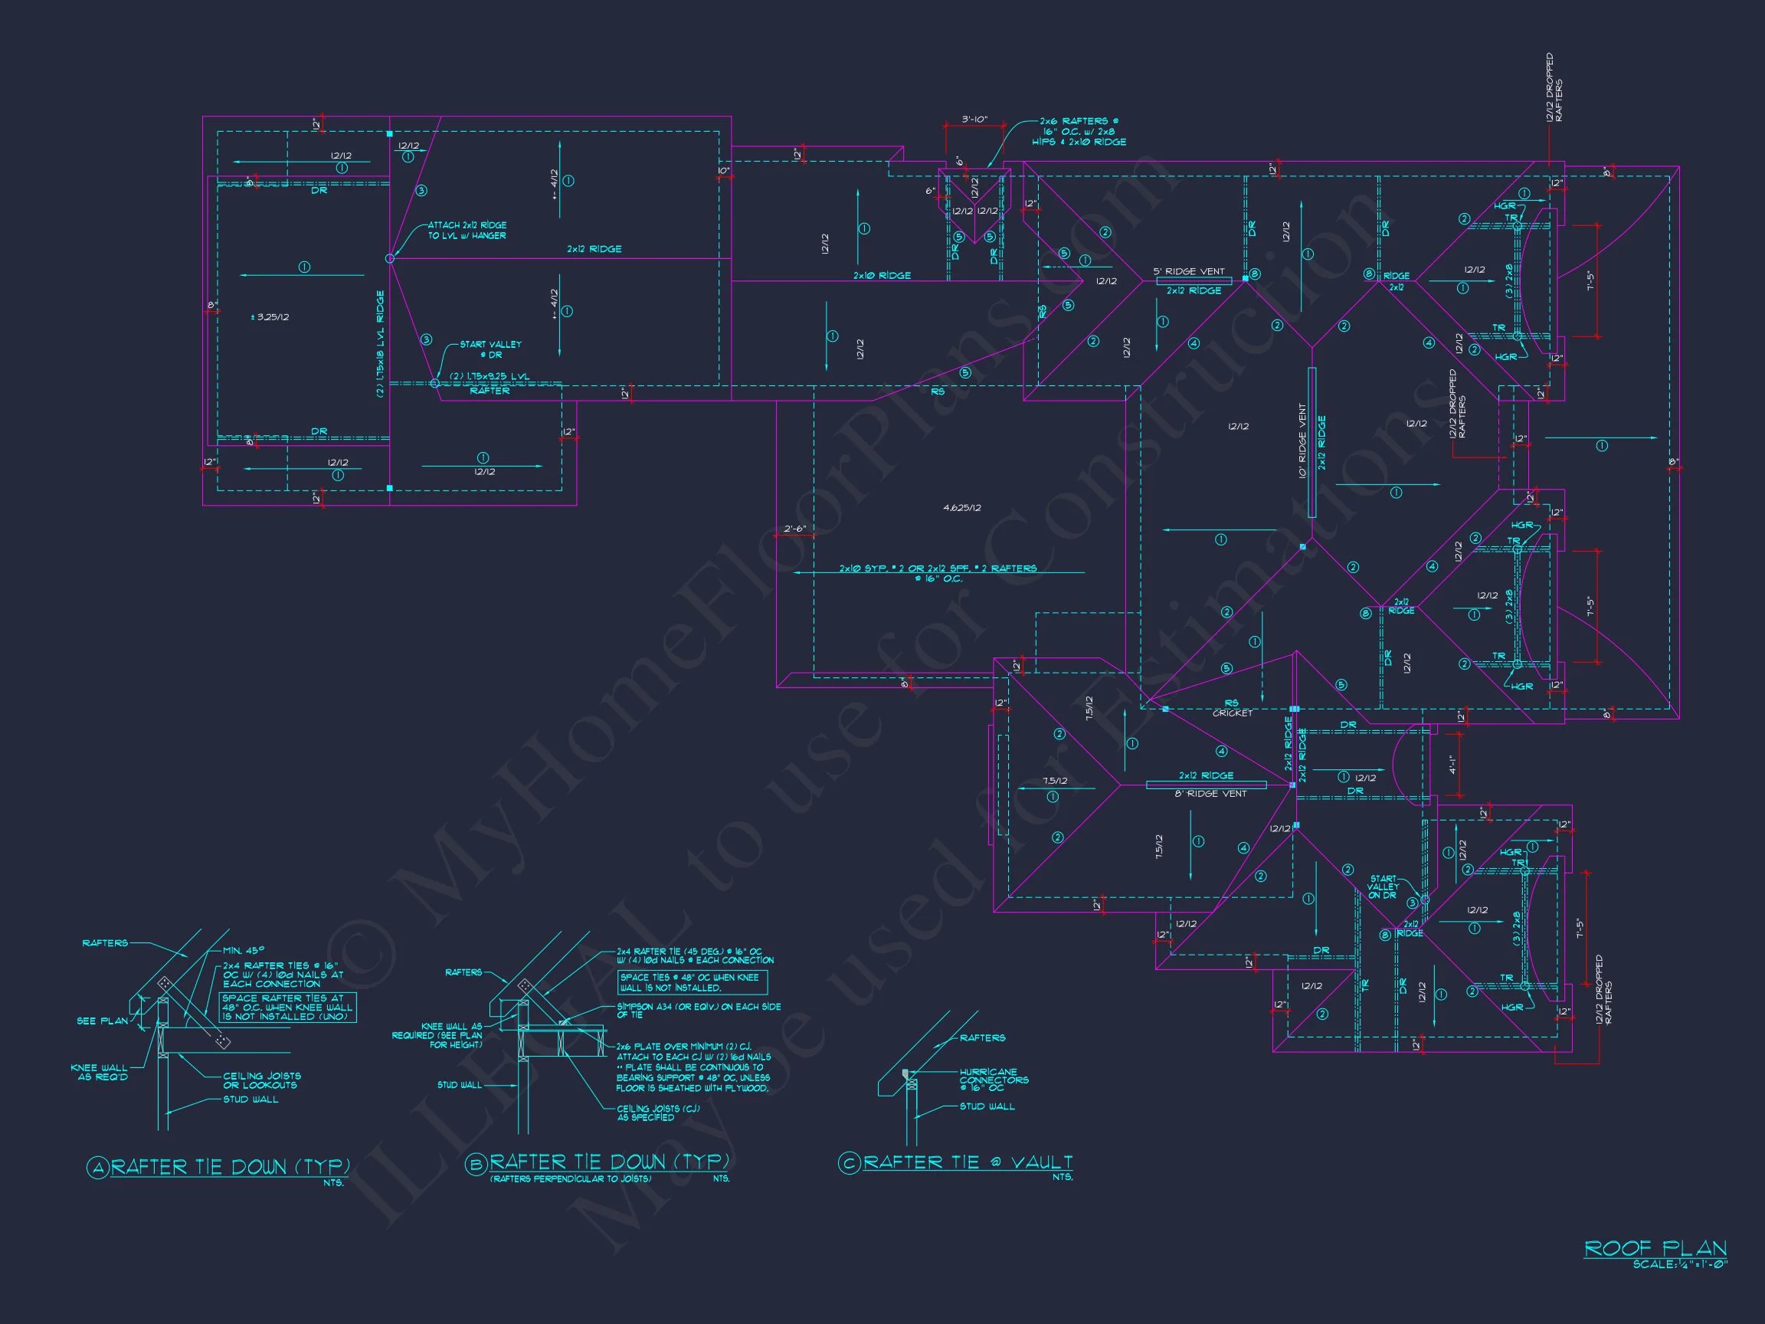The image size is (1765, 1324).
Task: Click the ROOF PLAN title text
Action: (x=1655, y=1248)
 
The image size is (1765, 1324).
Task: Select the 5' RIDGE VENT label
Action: (x=1188, y=271)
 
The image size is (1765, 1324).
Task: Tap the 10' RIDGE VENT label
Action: (x=1302, y=441)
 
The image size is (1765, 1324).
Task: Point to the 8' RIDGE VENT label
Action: (x=1210, y=793)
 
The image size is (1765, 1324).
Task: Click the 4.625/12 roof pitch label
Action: (x=961, y=507)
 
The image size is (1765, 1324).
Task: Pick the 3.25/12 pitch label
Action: (x=270, y=317)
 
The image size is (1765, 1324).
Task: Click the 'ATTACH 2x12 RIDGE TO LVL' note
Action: (x=467, y=231)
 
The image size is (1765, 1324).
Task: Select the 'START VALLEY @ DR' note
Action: (x=490, y=349)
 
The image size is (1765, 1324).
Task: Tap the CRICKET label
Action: (x=1232, y=713)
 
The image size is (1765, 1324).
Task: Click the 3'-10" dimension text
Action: (x=974, y=120)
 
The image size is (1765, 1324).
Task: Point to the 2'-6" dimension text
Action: (x=794, y=529)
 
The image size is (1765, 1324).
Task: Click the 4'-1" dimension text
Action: (x=1452, y=765)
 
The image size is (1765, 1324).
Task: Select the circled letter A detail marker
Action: (x=97, y=1168)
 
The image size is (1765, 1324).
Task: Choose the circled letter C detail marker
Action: (x=848, y=1163)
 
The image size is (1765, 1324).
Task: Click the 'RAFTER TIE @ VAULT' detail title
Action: (x=967, y=1162)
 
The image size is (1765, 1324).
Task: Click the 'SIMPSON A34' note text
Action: (x=698, y=1011)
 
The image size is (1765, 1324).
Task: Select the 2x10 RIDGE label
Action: (x=882, y=275)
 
